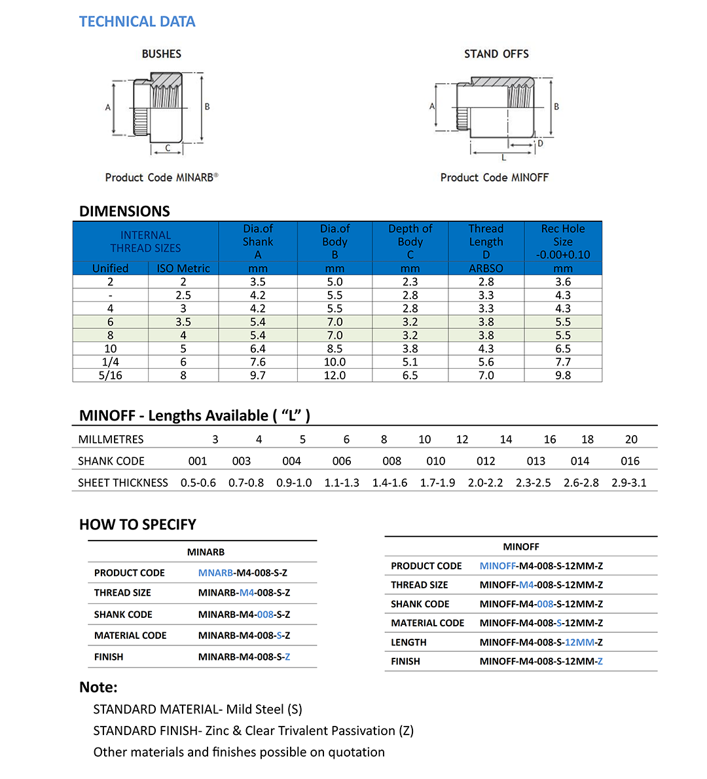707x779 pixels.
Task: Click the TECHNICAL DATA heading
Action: point(137,22)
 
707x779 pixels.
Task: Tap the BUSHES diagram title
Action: point(161,54)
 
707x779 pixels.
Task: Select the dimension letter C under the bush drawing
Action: point(168,148)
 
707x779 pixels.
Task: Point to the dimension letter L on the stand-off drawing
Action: point(503,157)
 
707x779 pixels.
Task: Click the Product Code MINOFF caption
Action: point(494,178)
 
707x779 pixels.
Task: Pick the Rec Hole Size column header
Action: point(563,241)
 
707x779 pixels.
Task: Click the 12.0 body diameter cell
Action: point(335,375)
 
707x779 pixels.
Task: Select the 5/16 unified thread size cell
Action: point(110,375)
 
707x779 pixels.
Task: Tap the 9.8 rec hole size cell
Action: point(563,375)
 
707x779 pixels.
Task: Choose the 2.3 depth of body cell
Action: point(410,282)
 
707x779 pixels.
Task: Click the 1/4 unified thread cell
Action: point(110,362)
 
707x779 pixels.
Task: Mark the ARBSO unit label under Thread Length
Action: point(486,269)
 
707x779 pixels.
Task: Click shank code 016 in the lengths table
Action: point(630,461)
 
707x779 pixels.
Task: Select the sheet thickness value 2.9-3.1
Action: point(629,483)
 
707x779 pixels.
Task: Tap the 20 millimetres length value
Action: point(631,440)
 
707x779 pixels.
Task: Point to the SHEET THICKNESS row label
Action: point(123,483)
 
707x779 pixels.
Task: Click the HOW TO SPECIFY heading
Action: point(137,524)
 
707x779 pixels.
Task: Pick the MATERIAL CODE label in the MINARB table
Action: point(130,636)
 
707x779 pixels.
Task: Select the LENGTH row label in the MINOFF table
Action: point(408,643)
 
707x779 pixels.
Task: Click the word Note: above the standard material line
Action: point(98,687)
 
